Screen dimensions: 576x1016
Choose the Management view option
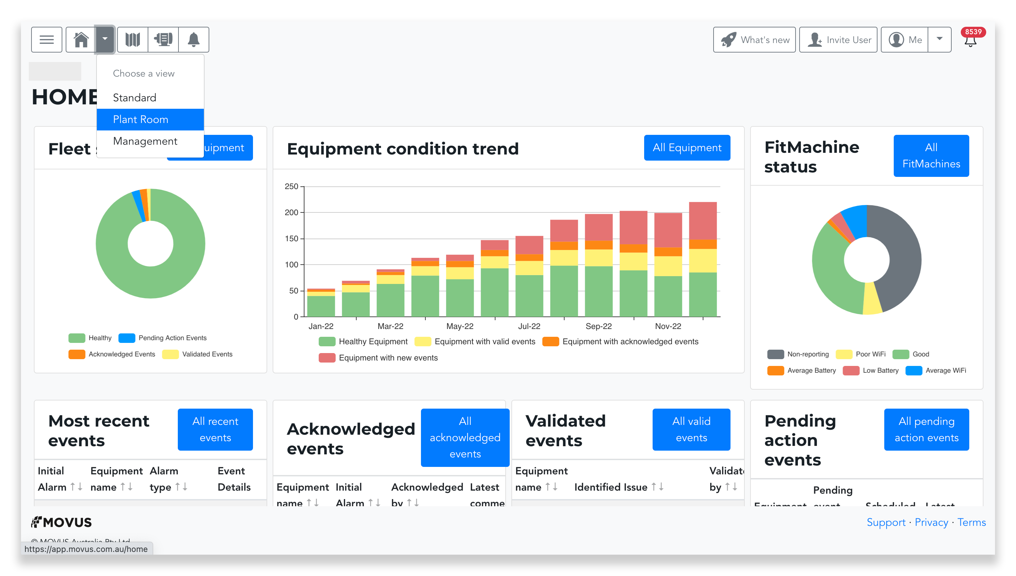[x=145, y=141]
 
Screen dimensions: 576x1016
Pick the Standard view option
[x=134, y=98]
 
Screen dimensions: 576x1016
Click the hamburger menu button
[x=47, y=40]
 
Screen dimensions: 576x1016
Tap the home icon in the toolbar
[x=81, y=40]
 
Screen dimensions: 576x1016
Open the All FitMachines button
[x=931, y=156]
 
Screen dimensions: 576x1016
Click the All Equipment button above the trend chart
[x=687, y=148]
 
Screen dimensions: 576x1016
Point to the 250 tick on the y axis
[x=291, y=186]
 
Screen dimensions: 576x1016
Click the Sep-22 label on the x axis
[x=598, y=326]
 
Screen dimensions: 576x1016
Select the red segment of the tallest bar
[x=702, y=220]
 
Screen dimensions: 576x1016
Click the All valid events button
[x=691, y=429]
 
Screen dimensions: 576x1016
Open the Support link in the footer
[x=886, y=522]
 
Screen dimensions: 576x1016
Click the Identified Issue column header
[x=610, y=487]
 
